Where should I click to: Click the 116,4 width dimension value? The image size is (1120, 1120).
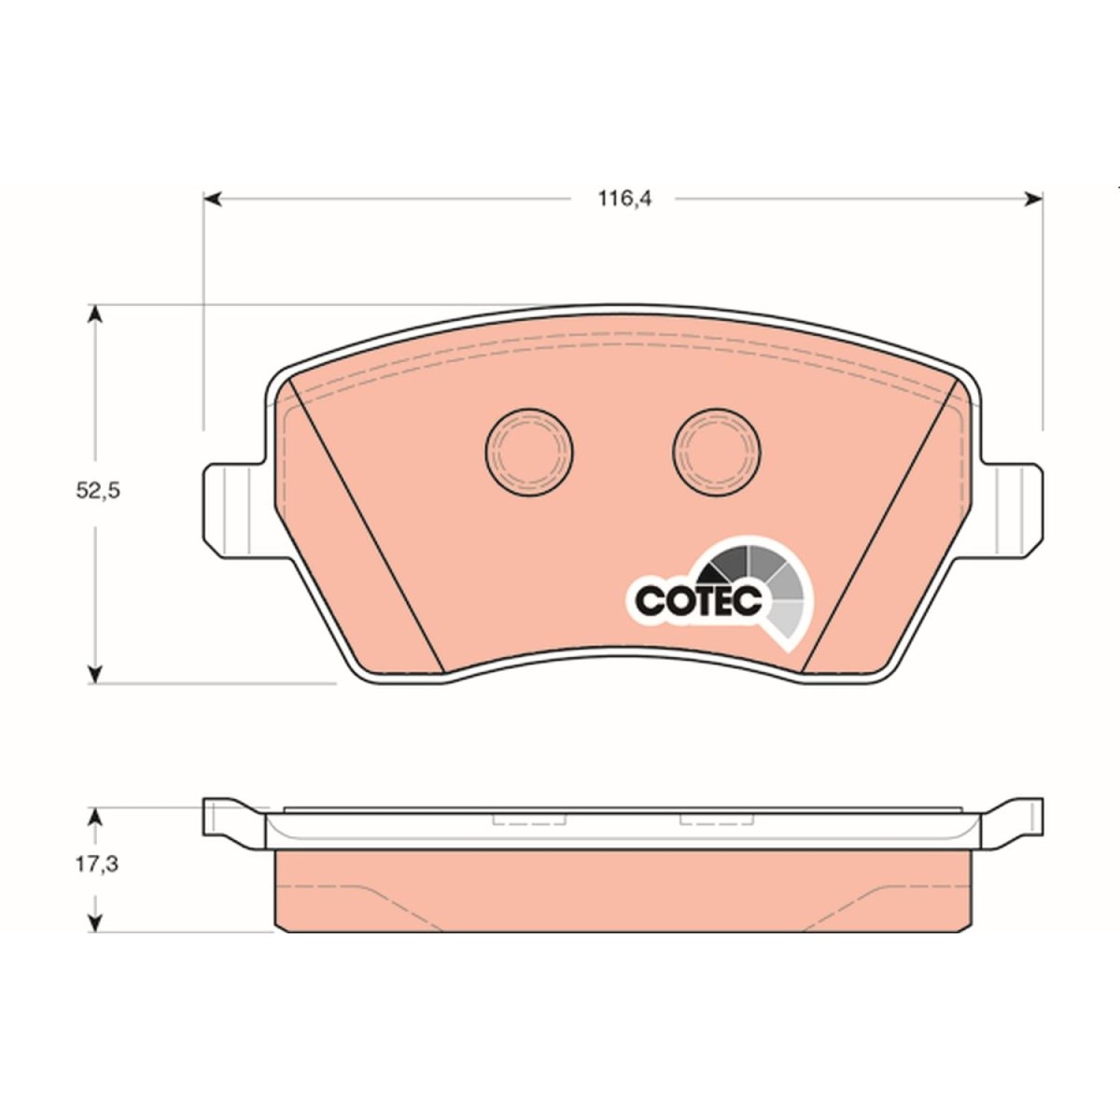pos(624,199)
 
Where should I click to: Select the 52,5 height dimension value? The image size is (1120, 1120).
pos(98,491)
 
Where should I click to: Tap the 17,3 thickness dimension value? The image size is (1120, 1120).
pos(97,864)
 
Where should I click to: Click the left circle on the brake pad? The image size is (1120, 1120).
pos(529,452)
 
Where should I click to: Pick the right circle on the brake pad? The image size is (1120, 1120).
pos(717,452)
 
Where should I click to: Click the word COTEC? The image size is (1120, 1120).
pos(699,599)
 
